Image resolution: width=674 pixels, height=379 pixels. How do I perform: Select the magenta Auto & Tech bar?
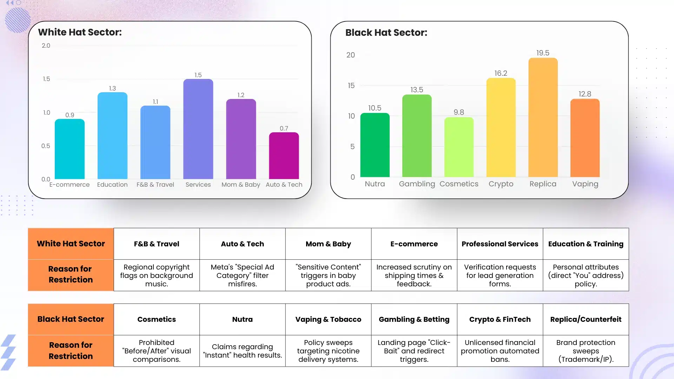pyautogui.click(x=284, y=156)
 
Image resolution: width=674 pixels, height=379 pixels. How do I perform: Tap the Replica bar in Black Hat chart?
pyautogui.click(x=543, y=118)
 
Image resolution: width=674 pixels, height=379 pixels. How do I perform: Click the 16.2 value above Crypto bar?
pyautogui.click(x=501, y=73)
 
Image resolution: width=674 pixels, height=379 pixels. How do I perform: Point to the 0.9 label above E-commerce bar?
pyautogui.click(x=70, y=115)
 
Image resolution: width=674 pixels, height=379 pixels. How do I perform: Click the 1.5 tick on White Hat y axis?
pyautogui.click(x=46, y=79)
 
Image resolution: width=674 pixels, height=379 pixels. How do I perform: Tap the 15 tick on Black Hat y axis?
pyautogui.click(x=351, y=86)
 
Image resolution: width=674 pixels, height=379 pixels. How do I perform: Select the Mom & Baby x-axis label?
pyautogui.click(x=240, y=185)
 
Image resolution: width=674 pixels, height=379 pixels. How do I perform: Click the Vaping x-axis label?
pyautogui.click(x=585, y=184)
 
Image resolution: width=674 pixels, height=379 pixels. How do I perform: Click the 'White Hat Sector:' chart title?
pyautogui.click(x=80, y=32)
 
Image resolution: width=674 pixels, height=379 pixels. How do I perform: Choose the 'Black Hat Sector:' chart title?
pyautogui.click(x=386, y=33)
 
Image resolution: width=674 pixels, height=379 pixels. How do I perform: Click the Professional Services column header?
pyautogui.click(x=500, y=244)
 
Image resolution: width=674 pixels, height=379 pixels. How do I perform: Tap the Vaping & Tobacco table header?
pyautogui.click(x=328, y=319)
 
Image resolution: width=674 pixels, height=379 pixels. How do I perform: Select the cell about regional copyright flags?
pyautogui.click(x=156, y=275)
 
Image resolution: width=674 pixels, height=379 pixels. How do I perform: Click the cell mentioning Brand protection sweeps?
pyautogui.click(x=586, y=351)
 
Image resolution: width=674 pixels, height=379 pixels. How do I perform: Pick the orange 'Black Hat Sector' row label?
pyautogui.click(x=71, y=319)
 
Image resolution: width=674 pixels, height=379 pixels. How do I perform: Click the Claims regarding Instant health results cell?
pyautogui.click(x=242, y=351)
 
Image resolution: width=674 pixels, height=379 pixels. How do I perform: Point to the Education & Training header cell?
pyautogui.click(x=586, y=244)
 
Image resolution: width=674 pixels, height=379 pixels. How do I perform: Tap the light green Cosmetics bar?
pyautogui.click(x=458, y=147)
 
